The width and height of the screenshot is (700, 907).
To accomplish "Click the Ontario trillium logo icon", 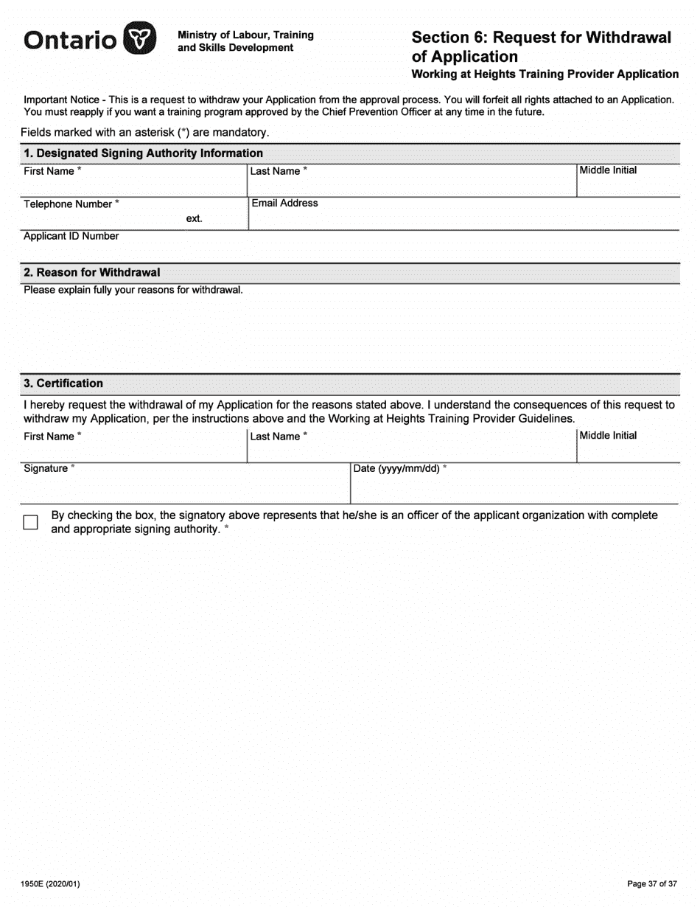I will (139, 38).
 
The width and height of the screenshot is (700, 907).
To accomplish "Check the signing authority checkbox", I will (30, 522).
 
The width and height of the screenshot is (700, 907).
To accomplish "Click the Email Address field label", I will (284, 204).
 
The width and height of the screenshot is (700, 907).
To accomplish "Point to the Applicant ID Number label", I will (71, 237).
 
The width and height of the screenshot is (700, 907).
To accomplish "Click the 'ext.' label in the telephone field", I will (194, 219).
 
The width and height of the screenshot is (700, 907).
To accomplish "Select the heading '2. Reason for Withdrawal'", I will (91, 273).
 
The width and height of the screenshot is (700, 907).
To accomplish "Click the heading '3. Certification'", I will (63, 383).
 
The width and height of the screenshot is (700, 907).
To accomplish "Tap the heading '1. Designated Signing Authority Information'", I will (143, 153).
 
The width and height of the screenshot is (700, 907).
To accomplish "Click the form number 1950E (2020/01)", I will (51, 883).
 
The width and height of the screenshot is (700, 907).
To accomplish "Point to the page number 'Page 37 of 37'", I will (651, 883).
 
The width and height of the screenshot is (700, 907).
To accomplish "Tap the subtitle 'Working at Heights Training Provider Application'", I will (545, 74).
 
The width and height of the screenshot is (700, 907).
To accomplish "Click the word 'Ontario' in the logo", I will (70, 40).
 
